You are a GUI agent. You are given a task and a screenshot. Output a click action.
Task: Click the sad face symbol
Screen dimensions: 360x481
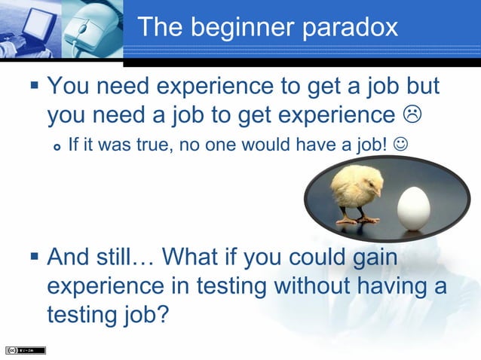[x=412, y=114]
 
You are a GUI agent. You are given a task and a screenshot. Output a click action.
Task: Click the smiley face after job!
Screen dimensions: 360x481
[x=400, y=143]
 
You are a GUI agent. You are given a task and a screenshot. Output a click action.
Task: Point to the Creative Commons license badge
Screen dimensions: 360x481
[x=25, y=350]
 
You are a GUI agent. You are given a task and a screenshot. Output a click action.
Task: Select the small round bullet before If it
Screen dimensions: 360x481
[x=57, y=145]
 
